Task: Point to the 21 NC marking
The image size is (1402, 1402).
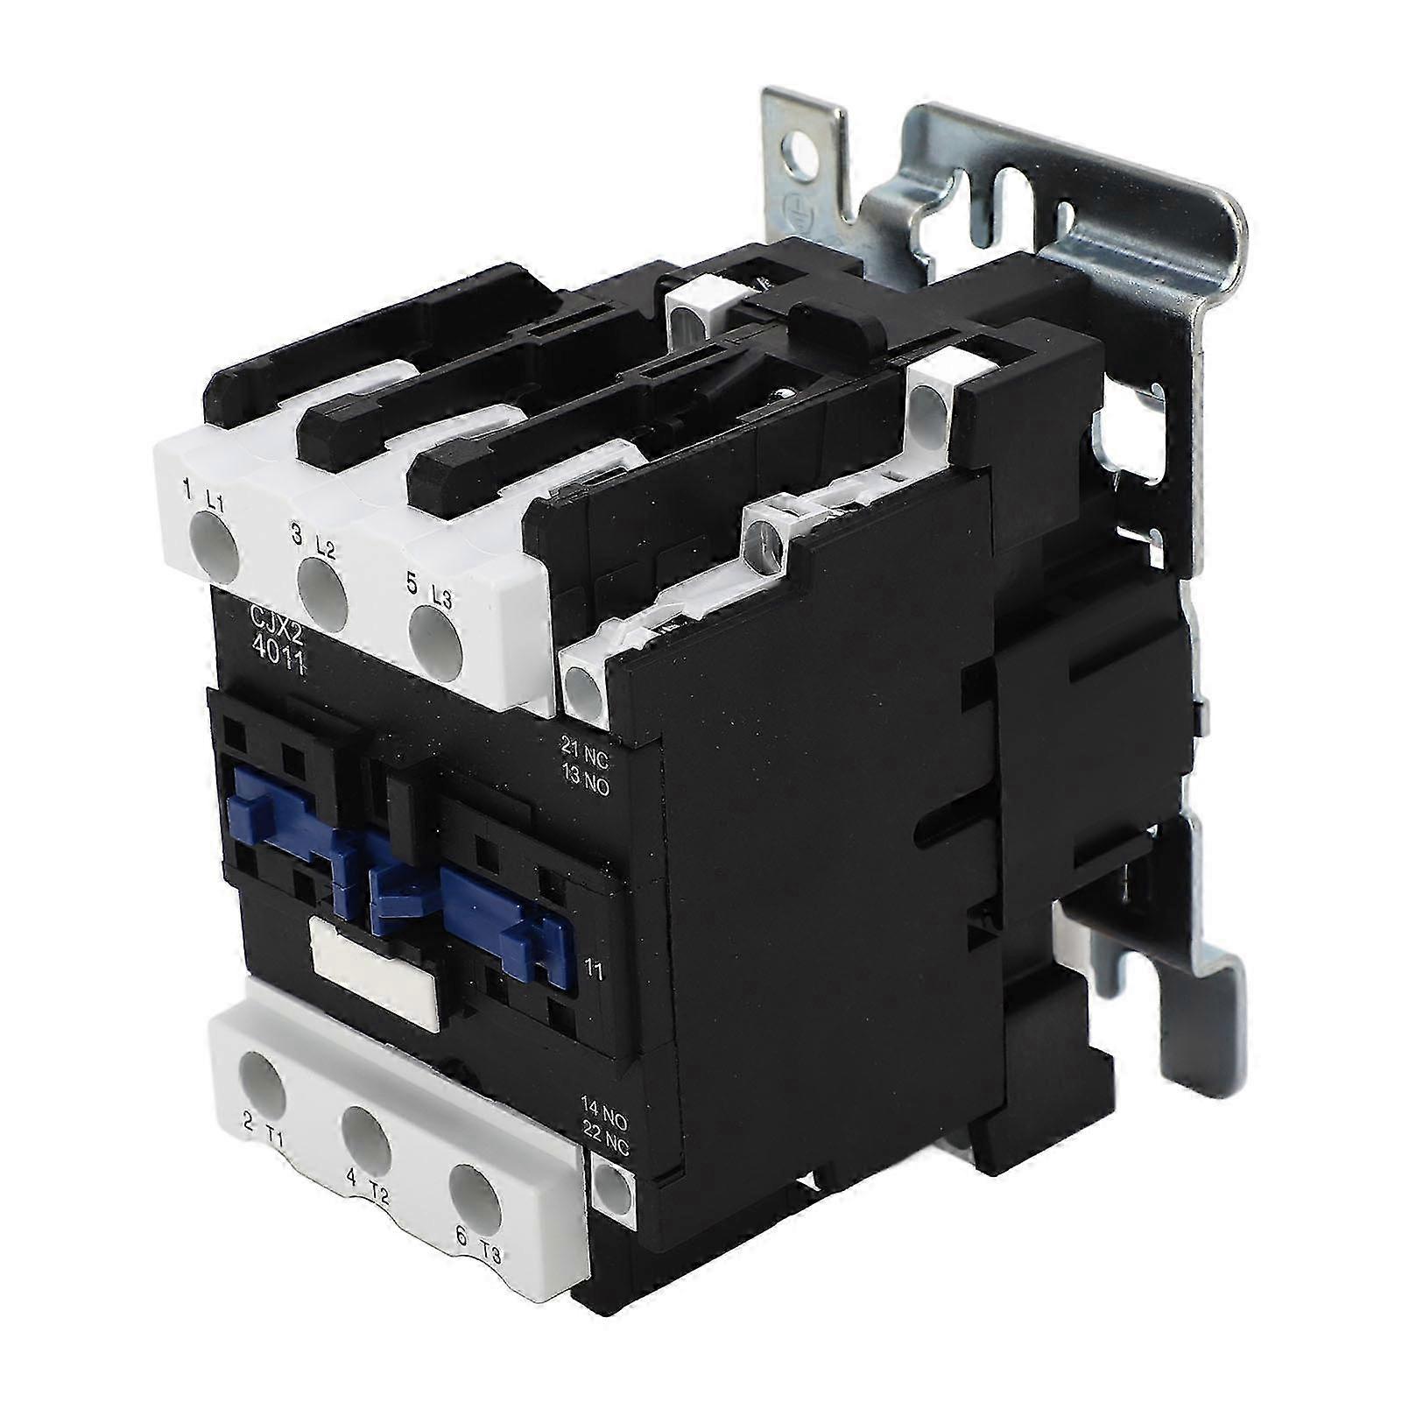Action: (x=584, y=745)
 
